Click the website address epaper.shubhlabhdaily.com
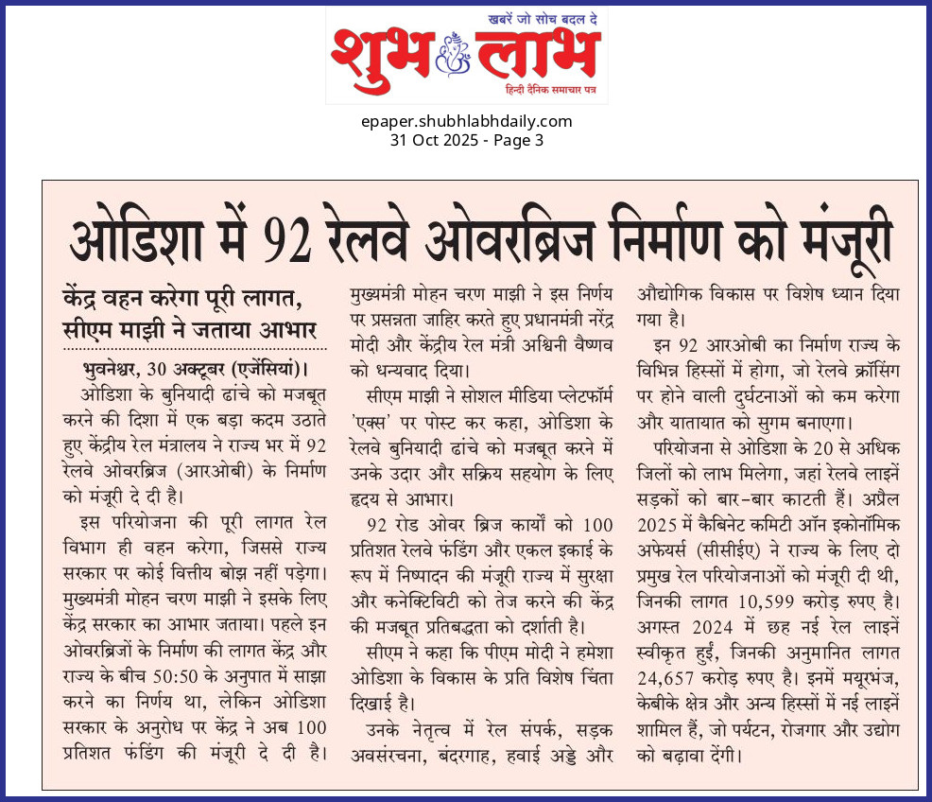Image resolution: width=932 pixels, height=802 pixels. pos(466,121)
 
